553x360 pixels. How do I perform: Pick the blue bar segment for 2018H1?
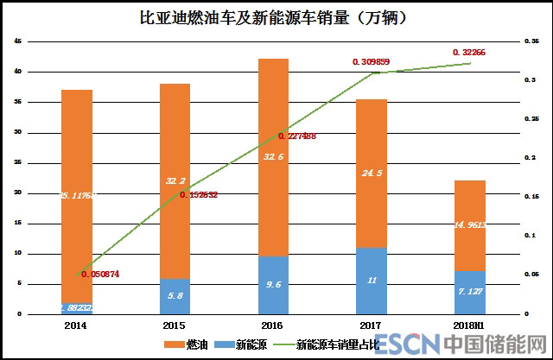(470, 292)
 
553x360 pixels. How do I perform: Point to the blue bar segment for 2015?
(175, 295)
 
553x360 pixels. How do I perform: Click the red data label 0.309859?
(372, 62)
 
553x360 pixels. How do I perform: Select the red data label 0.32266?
(469, 53)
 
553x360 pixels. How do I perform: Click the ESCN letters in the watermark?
(408, 344)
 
